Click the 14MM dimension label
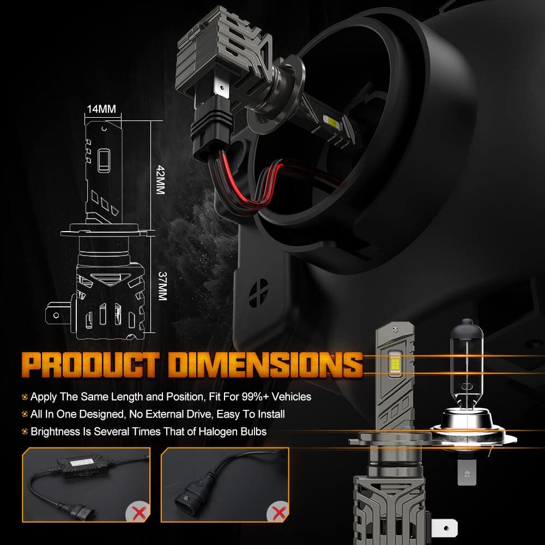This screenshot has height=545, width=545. pos(101,109)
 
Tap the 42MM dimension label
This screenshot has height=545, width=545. pos(160,180)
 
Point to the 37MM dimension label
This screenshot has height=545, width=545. pos(162,286)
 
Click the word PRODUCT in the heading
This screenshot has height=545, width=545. pos(90,365)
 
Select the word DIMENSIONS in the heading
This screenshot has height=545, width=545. pos(265,365)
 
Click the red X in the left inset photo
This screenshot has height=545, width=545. pos(139,512)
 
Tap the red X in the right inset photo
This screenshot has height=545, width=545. pos(278,512)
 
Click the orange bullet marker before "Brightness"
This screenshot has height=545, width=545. pos(25,432)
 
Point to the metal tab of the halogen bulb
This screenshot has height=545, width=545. pos(466,471)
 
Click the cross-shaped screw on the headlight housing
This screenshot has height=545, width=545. pos(258,293)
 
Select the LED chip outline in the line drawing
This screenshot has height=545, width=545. pos(104,160)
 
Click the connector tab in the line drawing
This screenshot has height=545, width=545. pos(59,314)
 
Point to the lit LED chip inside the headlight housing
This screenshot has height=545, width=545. pos(331,122)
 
